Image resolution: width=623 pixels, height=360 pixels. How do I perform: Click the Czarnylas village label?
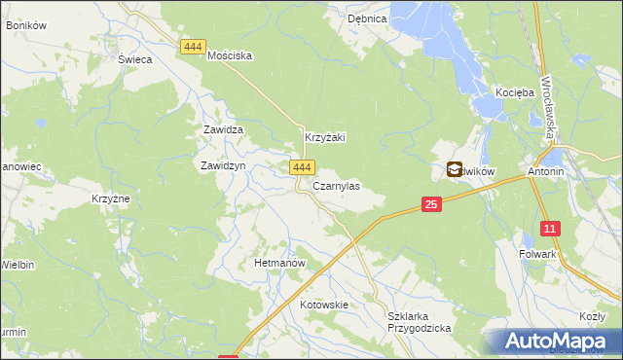tap(336, 186)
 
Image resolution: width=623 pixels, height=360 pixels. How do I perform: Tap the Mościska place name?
tap(231, 56)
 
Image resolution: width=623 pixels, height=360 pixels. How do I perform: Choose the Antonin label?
tap(546, 172)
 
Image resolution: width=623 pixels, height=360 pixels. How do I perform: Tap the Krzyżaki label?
tap(326, 138)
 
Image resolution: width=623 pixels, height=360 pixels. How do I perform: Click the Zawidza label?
tap(222, 129)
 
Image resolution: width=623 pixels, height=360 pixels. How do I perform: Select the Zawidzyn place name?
tap(222, 166)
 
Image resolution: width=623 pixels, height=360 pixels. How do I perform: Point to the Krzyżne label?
tap(111, 198)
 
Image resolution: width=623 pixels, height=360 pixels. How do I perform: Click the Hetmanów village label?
tap(280, 264)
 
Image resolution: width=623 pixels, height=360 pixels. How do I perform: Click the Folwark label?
tap(537, 254)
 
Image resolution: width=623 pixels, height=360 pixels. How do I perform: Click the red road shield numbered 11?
tap(551, 229)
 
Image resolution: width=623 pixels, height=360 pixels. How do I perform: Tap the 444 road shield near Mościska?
tap(192, 46)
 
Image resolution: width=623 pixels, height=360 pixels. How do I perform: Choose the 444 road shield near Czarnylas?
tap(300, 168)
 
